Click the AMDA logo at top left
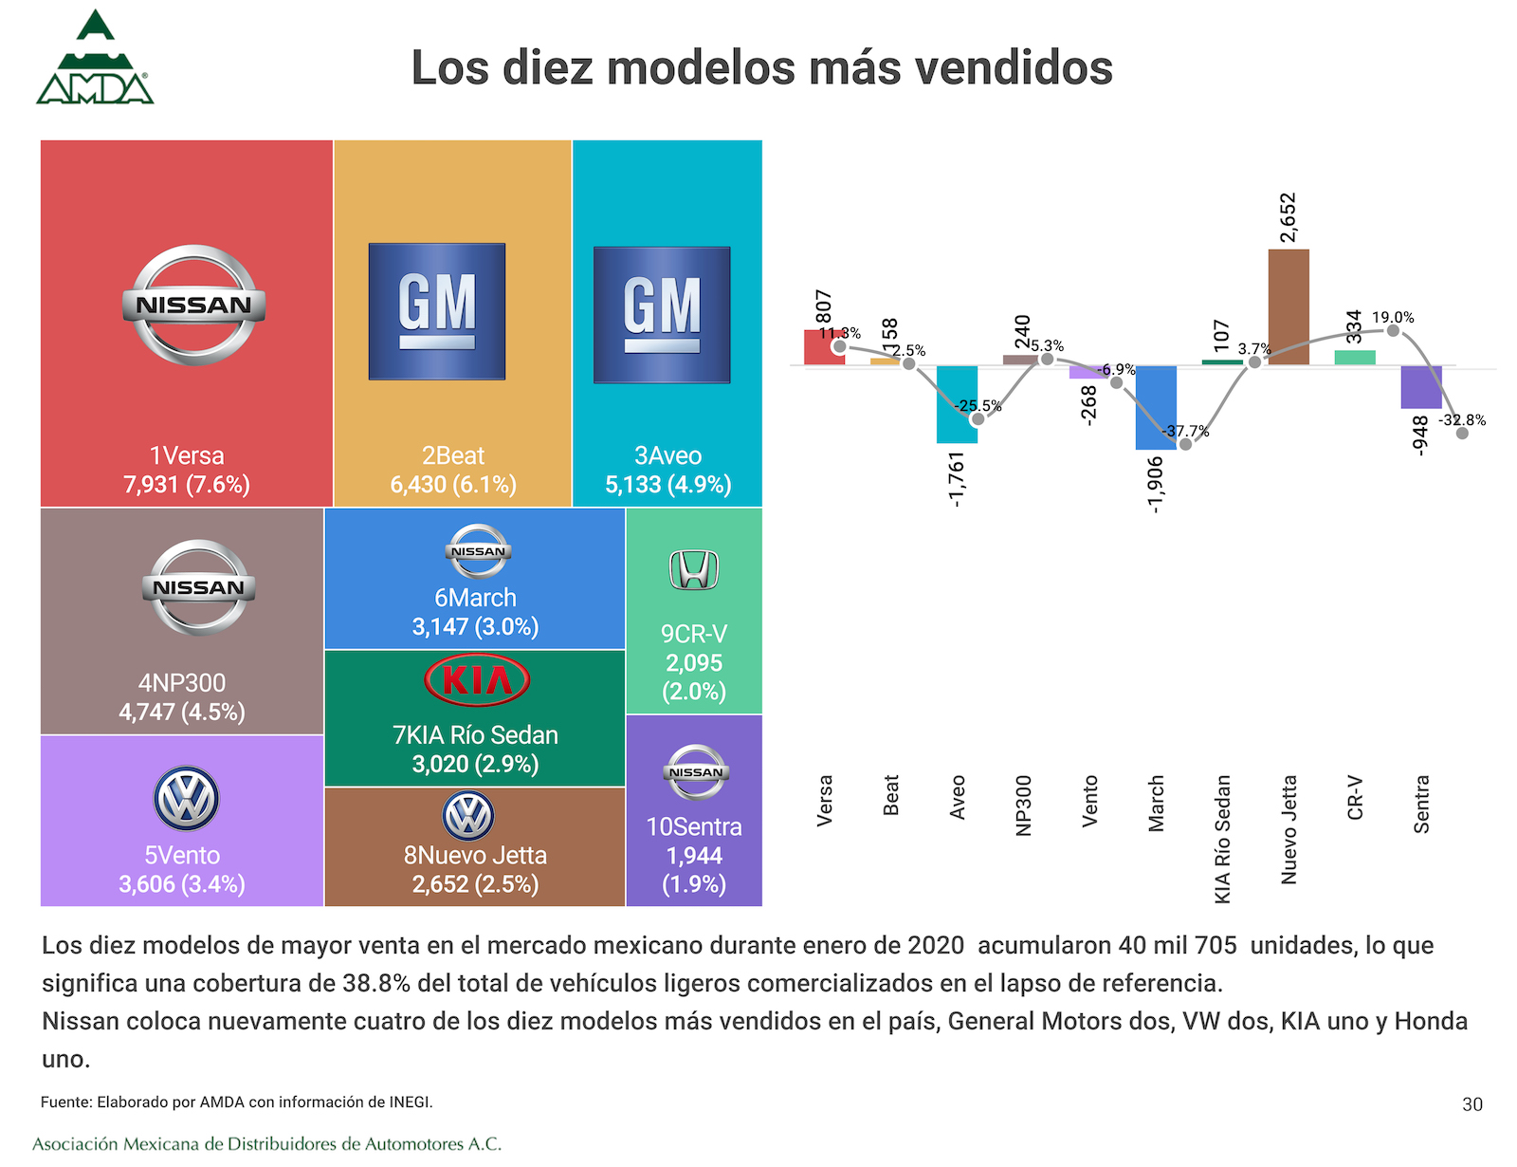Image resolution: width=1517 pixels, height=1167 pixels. pyautogui.click(x=95, y=59)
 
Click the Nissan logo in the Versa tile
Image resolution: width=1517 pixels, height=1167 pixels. pyautogui.click(x=193, y=305)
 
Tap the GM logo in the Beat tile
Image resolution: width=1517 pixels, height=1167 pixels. pyautogui.click(x=437, y=311)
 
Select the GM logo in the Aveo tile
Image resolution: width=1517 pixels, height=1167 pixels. pyautogui.click(x=662, y=315)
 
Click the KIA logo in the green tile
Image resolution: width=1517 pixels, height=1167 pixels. pyautogui.click(x=477, y=680)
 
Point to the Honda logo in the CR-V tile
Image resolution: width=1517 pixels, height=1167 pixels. pyautogui.click(x=694, y=570)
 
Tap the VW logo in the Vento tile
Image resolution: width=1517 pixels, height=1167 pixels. pyautogui.click(x=186, y=799)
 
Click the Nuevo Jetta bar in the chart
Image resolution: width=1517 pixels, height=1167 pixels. pyautogui.click(x=1289, y=307)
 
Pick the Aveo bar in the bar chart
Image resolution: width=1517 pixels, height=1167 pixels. pyautogui.click(x=957, y=404)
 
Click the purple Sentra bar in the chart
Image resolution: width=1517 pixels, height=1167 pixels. pyautogui.click(x=1421, y=387)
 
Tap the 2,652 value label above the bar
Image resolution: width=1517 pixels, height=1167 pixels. pyautogui.click(x=1288, y=217)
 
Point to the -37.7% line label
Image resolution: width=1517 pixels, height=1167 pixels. pyautogui.click(x=1186, y=431)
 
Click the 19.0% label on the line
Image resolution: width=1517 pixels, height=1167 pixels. pyautogui.click(x=1393, y=317)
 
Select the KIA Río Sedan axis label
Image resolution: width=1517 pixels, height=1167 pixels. pyautogui.click(x=1222, y=839)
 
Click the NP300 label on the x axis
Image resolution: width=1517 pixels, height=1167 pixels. pyautogui.click(x=1023, y=806)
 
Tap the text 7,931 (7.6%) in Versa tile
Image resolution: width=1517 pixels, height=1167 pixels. pyautogui.click(x=187, y=485)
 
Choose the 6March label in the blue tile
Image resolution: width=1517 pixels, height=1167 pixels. pyautogui.click(x=475, y=598)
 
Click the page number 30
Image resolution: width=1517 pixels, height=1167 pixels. pyautogui.click(x=1471, y=1104)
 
